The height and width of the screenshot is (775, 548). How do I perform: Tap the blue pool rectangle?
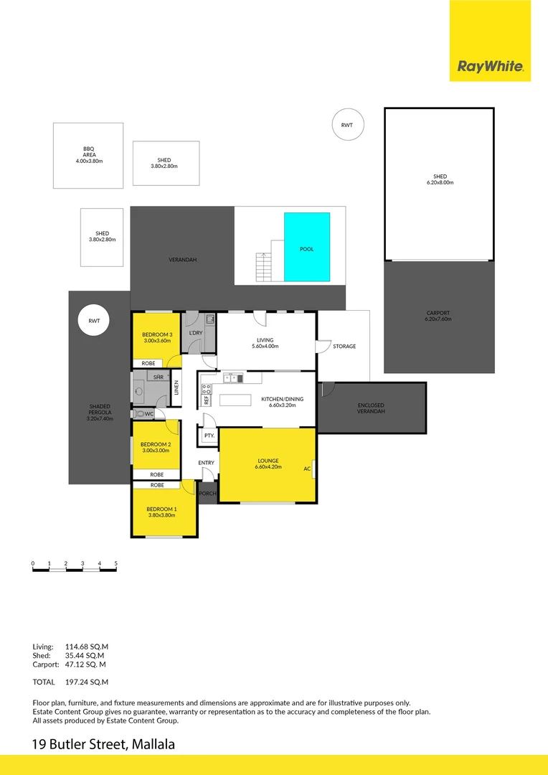point(307,246)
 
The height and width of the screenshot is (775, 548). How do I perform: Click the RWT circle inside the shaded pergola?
point(93,321)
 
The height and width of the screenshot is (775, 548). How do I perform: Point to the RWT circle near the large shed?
point(347,125)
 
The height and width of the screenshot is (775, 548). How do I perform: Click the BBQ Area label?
point(89,156)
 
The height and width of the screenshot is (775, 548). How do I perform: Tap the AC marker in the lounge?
point(306,469)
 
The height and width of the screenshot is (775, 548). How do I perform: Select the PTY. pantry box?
point(209,436)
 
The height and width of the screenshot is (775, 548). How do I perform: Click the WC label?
point(150,414)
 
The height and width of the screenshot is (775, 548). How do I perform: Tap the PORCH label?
point(207,494)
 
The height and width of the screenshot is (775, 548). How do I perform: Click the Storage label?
point(344,347)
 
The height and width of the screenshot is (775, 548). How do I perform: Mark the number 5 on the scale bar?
point(115,563)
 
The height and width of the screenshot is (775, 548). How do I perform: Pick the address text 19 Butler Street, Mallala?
point(103,744)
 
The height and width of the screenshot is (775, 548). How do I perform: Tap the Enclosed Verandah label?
point(372,408)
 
